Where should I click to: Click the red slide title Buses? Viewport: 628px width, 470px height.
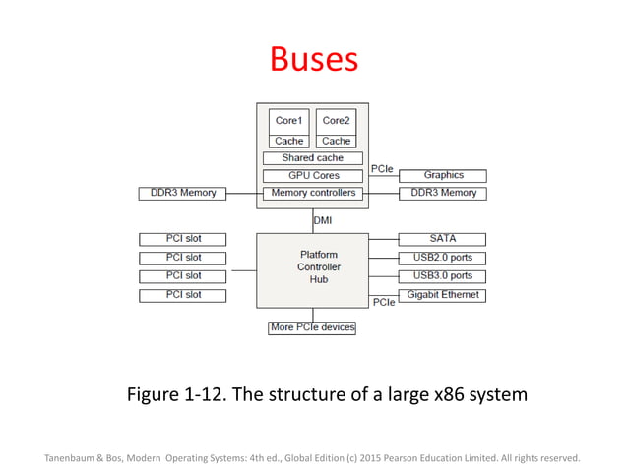pos(313,61)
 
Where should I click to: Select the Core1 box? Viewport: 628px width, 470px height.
pos(288,121)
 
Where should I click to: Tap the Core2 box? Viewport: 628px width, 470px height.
pos(336,121)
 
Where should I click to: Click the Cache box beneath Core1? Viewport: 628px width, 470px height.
pos(288,142)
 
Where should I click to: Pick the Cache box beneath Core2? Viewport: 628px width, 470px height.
pos(336,142)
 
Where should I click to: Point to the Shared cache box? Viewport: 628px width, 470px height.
pos(312,158)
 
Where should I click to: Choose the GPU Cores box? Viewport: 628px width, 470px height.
pos(312,176)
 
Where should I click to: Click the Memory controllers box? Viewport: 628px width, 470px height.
pos(312,194)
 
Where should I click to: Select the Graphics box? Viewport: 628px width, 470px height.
pos(442,176)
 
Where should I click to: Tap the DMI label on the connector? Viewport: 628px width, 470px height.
pos(323,221)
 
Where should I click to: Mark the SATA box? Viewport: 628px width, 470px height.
pos(442,239)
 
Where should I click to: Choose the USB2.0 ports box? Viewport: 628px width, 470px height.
pos(442,258)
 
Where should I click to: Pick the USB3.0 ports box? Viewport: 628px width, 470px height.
pos(442,276)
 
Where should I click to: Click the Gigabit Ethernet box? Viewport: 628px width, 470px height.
pos(442,295)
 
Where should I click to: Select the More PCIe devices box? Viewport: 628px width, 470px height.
pos(312,327)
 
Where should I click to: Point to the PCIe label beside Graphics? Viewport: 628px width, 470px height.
pos(382,169)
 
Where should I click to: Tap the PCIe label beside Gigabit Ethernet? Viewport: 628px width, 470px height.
pos(383,302)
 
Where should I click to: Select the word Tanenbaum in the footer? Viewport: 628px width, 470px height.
pos(74,457)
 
